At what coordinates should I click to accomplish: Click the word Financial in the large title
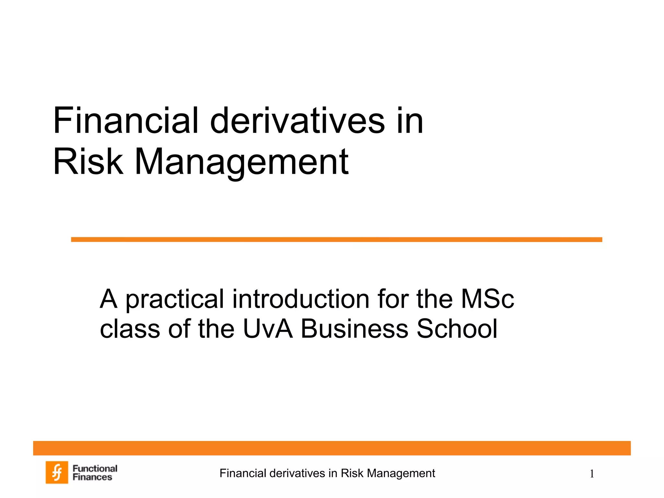point(125,121)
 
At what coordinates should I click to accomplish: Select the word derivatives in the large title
point(297,121)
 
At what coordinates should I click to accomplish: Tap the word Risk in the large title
point(88,161)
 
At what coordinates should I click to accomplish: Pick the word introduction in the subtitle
point(301,299)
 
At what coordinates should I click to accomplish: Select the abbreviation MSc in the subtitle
point(487,299)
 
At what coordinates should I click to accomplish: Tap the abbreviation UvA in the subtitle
point(267,328)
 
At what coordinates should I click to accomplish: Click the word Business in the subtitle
point(354,328)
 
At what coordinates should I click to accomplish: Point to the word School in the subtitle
point(457,328)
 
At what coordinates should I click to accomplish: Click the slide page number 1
point(592,474)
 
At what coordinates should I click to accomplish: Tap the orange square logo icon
point(57,472)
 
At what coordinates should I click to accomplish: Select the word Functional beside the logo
point(95,468)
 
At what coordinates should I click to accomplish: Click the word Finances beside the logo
point(92,477)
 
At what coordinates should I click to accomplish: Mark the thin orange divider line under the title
point(337,240)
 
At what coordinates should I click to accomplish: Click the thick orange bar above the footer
point(332,448)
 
